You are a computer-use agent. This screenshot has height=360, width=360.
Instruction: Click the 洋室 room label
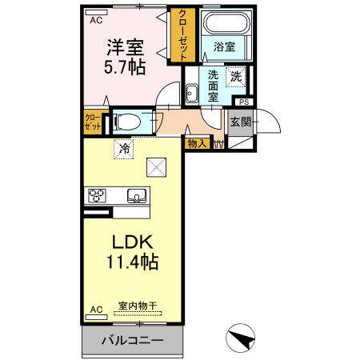coord(124,46)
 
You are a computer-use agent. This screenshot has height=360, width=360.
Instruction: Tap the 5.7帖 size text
coord(124,66)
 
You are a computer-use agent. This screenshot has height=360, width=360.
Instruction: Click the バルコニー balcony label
coord(133,340)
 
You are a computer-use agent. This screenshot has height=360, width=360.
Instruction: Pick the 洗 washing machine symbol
coord(235,77)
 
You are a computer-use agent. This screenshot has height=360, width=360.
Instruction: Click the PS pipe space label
coord(243,102)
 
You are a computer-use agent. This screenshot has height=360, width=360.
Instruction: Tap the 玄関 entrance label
coord(240,122)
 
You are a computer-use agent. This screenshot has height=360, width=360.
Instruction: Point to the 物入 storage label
coord(196,143)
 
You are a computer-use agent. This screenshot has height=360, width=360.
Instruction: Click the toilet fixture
coord(128,122)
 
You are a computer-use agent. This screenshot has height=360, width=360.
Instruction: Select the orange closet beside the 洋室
coord(183,36)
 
